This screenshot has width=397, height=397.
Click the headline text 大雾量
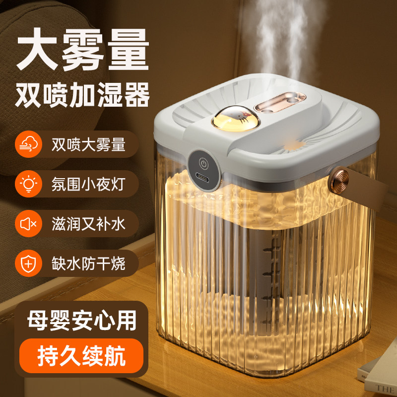(x=83, y=49)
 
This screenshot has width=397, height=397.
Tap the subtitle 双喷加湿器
(x=82, y=95)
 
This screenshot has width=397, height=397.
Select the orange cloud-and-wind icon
(x=28, y=144)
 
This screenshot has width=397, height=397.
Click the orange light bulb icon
(x=28, y=184)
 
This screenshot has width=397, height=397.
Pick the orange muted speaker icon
(x=28, y=224)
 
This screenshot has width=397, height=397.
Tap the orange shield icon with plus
(x=28, y=264)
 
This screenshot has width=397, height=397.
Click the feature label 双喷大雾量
(x=88, y=144)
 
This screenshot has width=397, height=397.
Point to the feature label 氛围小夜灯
(x=88, y=184)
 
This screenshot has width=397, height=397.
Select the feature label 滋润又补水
(x=88, y=224)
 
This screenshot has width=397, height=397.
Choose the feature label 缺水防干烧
(x=88, y=264)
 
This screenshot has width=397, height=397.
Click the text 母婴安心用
(x=82, y=321)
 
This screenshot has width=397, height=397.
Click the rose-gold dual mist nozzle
(x=280, y=102)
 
